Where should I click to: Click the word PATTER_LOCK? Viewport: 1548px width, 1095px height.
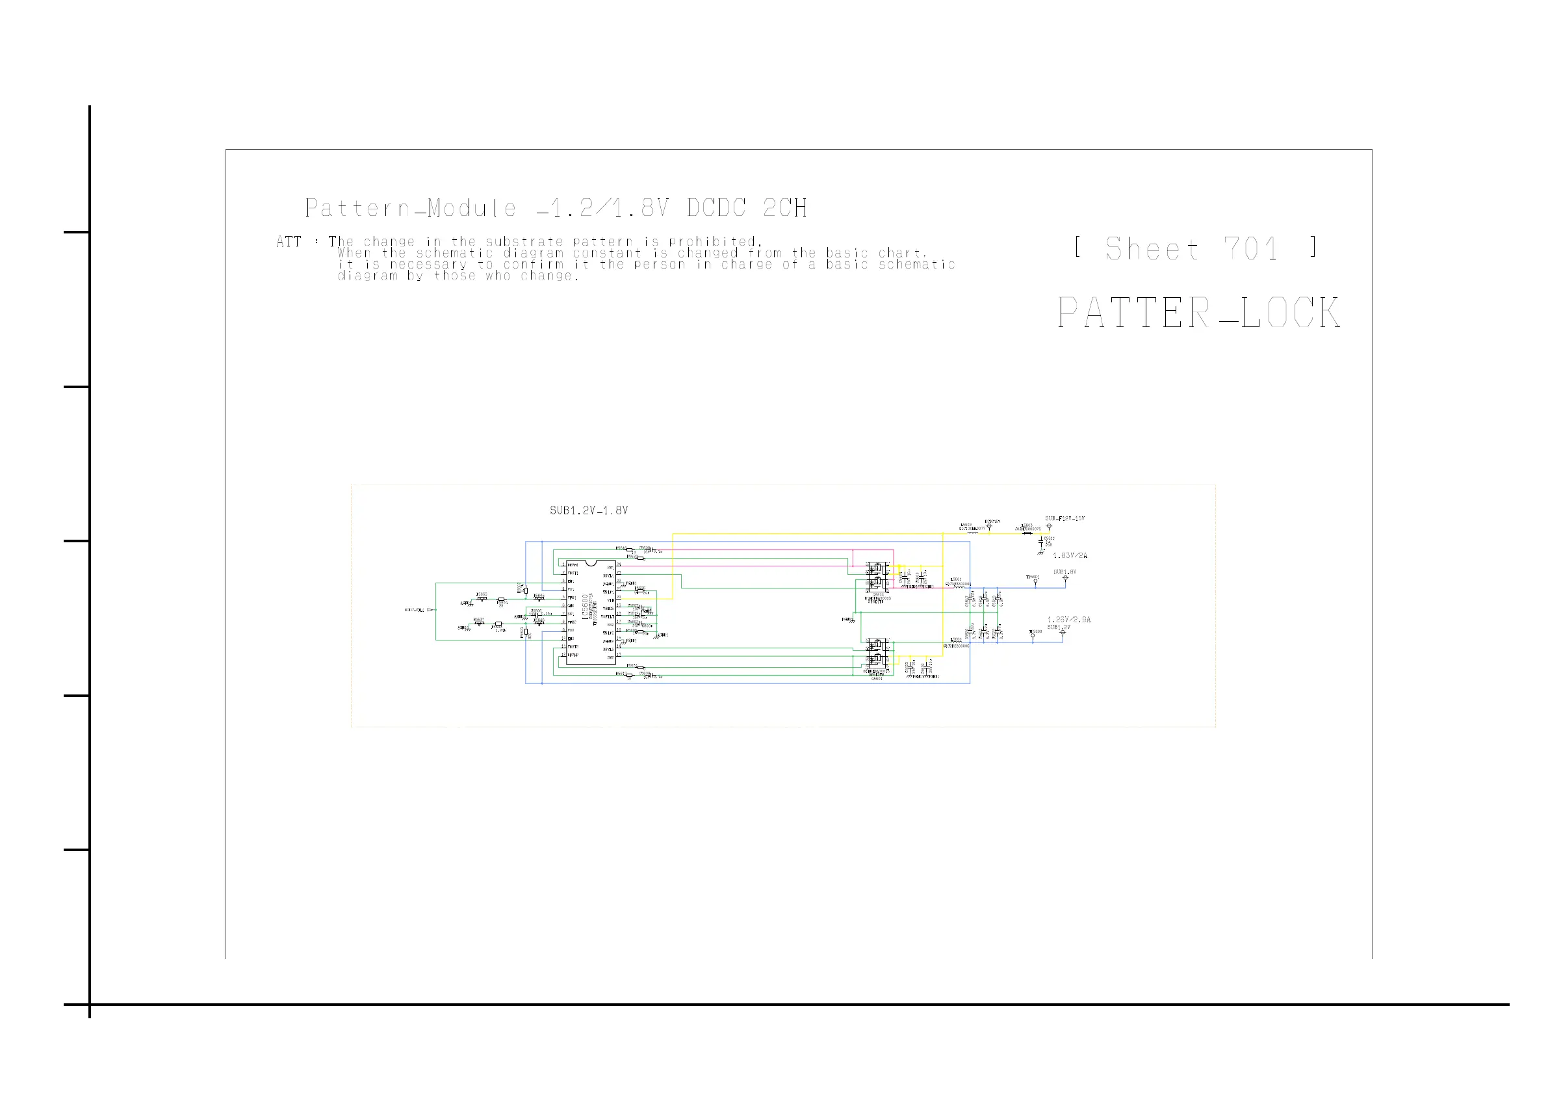pyautogui.click(x=1198, y=313)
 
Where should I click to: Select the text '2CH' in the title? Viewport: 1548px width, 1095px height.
pyautogui.click(x=785, y=208)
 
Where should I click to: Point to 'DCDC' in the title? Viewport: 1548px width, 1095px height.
pyautogui.click(x=717, y=208)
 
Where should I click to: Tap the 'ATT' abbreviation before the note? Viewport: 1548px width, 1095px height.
pyautogui.click(x=289, y=241)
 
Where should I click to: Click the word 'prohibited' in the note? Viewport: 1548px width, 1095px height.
pyautogui.click(x=714, y=241)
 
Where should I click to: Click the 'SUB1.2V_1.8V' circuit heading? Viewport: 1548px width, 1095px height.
pyautogui.click(x=589, y=510)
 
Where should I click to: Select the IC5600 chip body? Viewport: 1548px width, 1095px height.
pyautogui.click(x=591, y=612)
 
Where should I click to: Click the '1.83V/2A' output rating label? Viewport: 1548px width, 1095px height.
pyautogui.click(x=1070, y=556)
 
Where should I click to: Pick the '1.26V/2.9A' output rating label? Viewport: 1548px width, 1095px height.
pyautogui.click(x=1068, y=620)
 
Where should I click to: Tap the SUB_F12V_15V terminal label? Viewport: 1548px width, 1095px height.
pyautogui.click(x=1064, y=519)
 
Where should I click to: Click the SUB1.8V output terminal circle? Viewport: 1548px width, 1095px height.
pyautogui.click(x=1065, y=578)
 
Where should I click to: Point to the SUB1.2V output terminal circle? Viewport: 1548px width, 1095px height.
pyautogui.click(x=1063, y=633)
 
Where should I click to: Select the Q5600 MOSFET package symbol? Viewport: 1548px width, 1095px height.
pyautogui.click(x=877, y=579)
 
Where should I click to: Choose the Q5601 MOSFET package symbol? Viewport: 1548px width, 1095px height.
pyautogui.click(x=877, y=654)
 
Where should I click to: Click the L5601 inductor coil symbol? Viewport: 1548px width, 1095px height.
pyautogui.click(x=957, y=586)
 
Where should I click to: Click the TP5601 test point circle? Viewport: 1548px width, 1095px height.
pyautogui.click(x=1036, y=581)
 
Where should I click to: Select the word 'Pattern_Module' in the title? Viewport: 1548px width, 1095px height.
pyautogui.click(x=411, y=208)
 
